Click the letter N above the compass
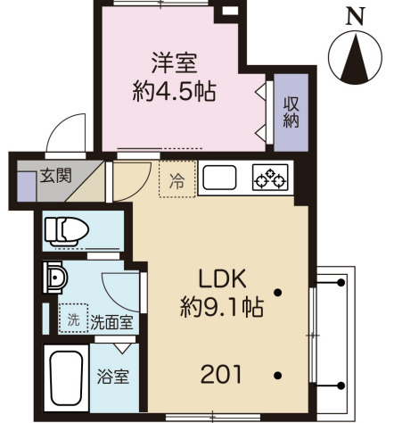tap(356, 15)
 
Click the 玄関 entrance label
tap(53, 177)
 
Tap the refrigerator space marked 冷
tap(176, 180)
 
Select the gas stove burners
tap(269, 180)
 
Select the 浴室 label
tap(111, 375)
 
